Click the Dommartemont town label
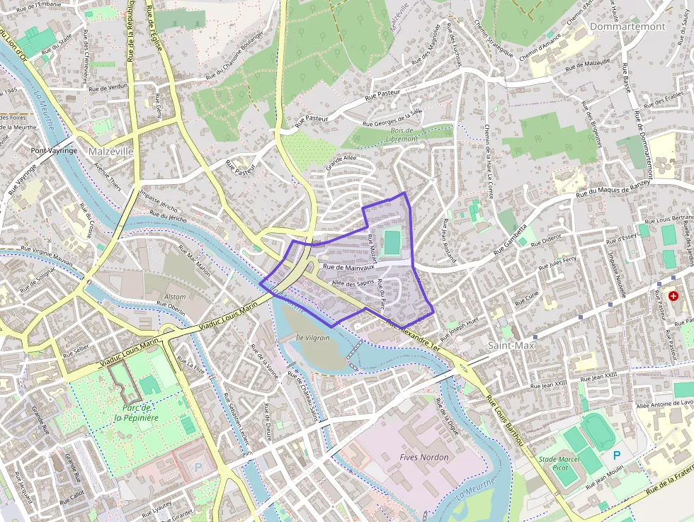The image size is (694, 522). coord(627,26)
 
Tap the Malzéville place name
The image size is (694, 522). coord(110,152)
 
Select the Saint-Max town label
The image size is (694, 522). coord(511,345)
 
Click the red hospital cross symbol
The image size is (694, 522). coord(673,295)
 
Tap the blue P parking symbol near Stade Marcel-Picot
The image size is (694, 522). coord(617,455)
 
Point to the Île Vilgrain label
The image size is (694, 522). coord(313,338)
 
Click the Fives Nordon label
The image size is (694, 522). coord(424,457)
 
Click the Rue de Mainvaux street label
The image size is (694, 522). coord(348,268)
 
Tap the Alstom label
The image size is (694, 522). coord(175,297)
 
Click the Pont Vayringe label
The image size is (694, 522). coord(54,151)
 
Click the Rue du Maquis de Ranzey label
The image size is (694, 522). coord(613,189)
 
